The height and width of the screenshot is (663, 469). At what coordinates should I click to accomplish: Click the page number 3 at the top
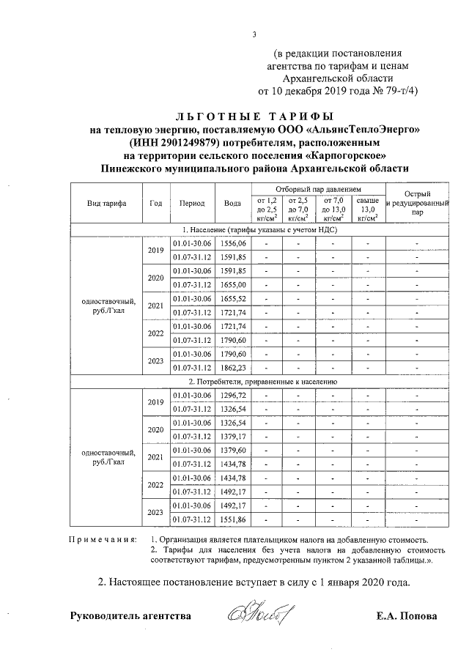click(254, 34)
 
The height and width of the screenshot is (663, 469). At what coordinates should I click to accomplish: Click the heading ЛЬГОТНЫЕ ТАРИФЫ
click(254, 116)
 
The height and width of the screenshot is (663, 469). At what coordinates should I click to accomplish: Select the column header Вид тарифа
click(106, 203)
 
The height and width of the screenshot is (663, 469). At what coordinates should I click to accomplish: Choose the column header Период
click(191, 203)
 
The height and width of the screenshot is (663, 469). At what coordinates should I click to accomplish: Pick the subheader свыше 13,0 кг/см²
click(368, 209)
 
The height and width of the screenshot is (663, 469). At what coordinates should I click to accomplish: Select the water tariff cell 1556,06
click(233, 243)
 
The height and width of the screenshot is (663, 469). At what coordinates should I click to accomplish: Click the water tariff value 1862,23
click(233, 368)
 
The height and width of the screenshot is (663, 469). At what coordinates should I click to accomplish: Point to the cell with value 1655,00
click(233, 284)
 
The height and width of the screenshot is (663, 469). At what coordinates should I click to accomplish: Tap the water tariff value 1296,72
click(233, 396)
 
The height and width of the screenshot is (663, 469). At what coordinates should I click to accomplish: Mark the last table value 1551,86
click(233, 519)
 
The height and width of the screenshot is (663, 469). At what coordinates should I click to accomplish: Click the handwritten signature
click(262, 614)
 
